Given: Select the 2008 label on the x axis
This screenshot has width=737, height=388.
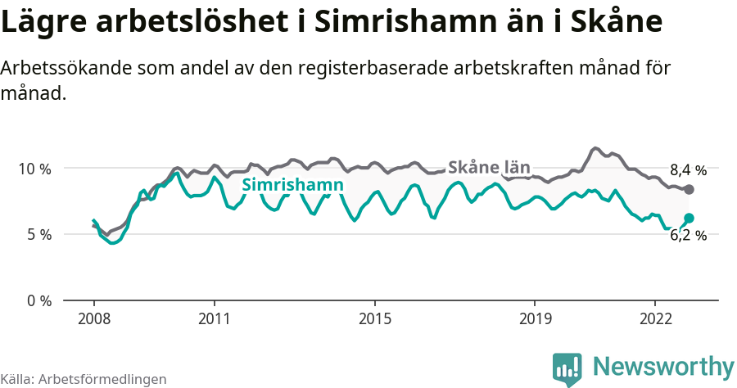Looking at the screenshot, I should [x=93, y=319].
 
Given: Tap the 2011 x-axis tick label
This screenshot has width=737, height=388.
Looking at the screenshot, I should [x=214, y=319].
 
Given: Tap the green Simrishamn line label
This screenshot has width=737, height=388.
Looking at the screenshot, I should [x=292, y=185].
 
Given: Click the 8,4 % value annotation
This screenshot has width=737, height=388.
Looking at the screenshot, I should [x=687, y=171].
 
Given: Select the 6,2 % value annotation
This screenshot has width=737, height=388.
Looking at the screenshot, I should [x=687, y=235].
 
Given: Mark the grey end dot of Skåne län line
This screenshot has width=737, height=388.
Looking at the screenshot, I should [x=689, y=190].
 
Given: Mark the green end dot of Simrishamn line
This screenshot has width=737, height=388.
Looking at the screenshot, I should [x=689, y=218].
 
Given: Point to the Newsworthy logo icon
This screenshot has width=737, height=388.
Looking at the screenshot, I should [x=567, y=368].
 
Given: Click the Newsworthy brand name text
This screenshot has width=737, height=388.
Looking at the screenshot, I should [x=663, y=366].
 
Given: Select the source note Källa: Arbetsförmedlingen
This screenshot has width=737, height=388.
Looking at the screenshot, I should [x=84, y=379].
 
